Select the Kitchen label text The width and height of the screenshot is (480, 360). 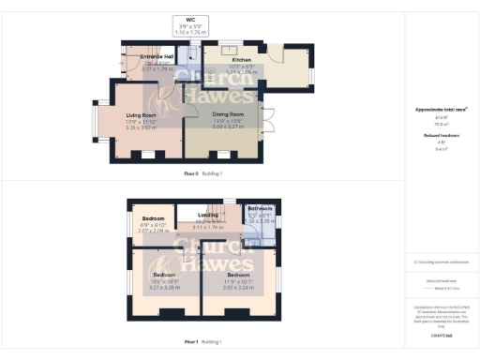(x=229, y=57)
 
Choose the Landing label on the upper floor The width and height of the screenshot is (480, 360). (x=207, y=215)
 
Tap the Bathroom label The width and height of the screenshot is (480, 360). (x=260, y=208)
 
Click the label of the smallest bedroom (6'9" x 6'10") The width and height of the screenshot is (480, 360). (x=152, y=218)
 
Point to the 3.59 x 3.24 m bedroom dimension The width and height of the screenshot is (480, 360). (x=237, y=288)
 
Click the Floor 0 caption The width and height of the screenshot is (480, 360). (x=196, y=174)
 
